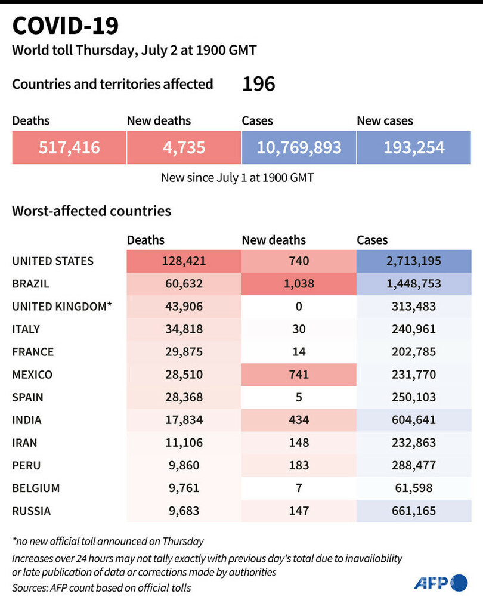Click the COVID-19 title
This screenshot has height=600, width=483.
(66, 26)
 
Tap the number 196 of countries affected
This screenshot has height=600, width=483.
(258, 84)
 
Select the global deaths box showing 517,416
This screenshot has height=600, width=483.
(69, 147)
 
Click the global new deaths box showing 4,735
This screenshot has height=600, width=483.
(184, 147)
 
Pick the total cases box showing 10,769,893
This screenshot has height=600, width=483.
(299, 147)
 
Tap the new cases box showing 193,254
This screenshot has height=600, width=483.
(414, 147)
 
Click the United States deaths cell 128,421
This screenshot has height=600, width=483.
(184, 261)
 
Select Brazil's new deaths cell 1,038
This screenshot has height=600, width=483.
(299, 284)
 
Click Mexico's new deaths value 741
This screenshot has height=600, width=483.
(299, 375)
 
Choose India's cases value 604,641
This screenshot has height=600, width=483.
(414, 420)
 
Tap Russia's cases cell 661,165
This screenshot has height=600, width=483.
(414, 511)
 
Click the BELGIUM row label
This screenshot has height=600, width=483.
(36, 488)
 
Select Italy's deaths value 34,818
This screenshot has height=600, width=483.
(184, 329)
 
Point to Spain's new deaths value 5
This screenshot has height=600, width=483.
(299, 397)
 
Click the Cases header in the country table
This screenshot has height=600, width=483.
(372, 240)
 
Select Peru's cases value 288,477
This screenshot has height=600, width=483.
(414, 465)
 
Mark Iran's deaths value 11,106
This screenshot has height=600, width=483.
(184, 443)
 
